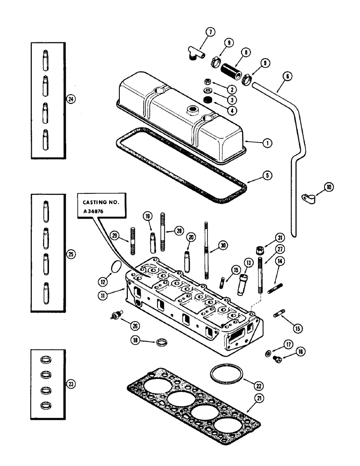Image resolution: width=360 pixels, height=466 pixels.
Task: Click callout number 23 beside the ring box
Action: (x=70, y=384)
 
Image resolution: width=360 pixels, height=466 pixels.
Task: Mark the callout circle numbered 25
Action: (x=70, y=254)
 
